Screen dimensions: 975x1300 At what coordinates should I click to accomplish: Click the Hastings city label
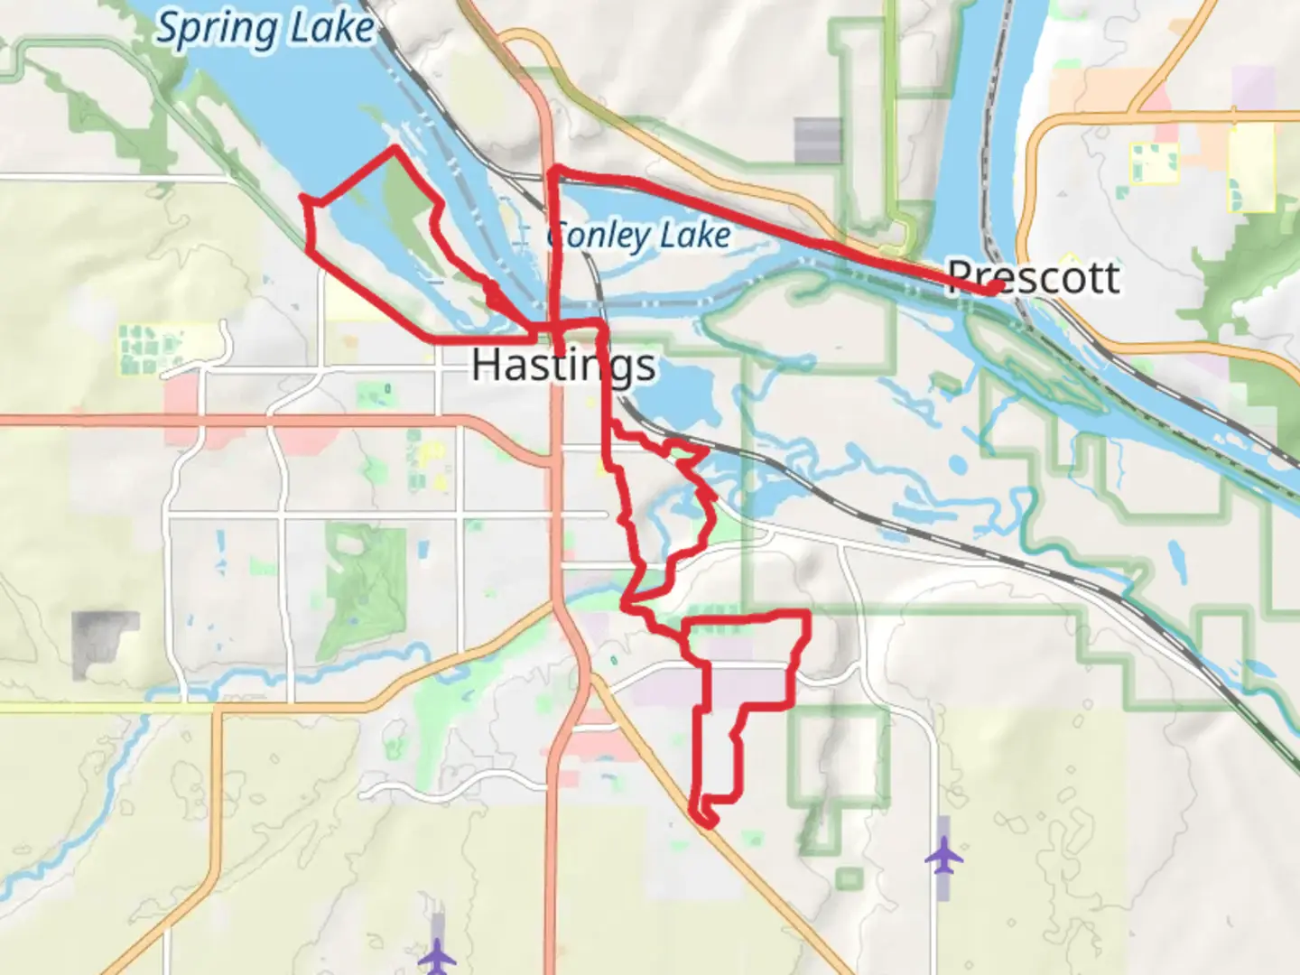(x=563, y=365)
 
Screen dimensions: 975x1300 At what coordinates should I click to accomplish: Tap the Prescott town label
(x=1034, y=276)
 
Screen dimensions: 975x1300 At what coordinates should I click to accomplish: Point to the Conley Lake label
(x=639, y=236)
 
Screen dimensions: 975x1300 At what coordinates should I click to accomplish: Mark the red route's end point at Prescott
(x=993, y=288)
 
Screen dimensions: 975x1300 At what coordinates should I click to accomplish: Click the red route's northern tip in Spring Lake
(x=395, y=148)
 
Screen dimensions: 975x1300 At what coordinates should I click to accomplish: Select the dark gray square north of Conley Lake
(x=817, y=140)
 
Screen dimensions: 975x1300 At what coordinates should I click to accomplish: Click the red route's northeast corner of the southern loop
(x=804, y=615)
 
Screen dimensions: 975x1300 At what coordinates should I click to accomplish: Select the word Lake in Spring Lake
(x=332, y=29)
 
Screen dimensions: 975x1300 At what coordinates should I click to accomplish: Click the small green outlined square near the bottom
(x=849, y=877)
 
